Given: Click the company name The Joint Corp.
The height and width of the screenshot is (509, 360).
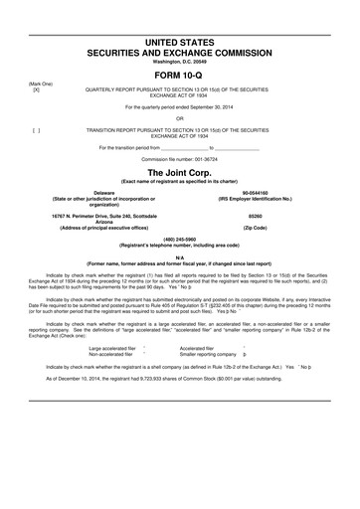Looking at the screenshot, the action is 180,172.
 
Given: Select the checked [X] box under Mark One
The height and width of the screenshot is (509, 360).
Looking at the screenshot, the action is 36,89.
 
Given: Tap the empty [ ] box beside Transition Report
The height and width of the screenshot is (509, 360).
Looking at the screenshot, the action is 36,130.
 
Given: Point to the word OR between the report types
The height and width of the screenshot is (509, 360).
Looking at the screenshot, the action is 180,118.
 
